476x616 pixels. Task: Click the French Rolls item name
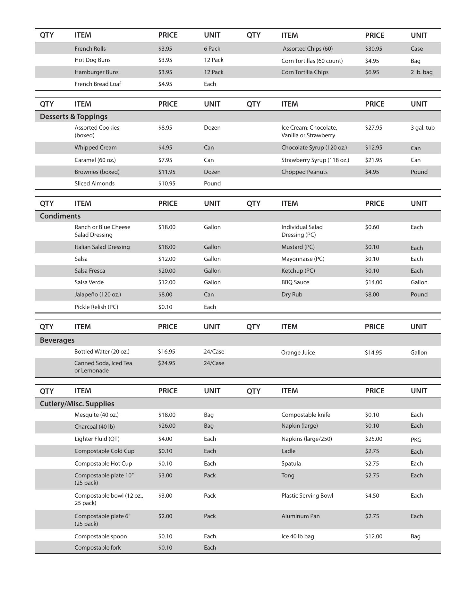90,49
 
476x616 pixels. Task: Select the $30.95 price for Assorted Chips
373,49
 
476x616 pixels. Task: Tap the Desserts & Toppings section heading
73,116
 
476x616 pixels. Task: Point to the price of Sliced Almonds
167,184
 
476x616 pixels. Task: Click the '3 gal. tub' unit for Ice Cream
422,128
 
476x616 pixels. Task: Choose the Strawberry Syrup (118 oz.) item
315,160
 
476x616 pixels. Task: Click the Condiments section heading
60,216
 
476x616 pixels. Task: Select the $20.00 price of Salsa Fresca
167,271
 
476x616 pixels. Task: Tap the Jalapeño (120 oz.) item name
98,295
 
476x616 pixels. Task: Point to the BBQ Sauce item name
295,282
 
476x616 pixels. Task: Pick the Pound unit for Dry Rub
419,295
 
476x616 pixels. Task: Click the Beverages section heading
57,340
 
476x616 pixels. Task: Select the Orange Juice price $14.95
373,353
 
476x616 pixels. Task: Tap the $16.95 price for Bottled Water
166,352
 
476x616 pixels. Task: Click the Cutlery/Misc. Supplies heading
77,404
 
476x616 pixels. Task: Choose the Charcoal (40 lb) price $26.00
167,426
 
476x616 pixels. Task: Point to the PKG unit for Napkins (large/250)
416,440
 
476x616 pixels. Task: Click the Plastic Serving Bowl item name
307,496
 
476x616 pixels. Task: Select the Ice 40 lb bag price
373,536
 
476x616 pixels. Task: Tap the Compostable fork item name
98,548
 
